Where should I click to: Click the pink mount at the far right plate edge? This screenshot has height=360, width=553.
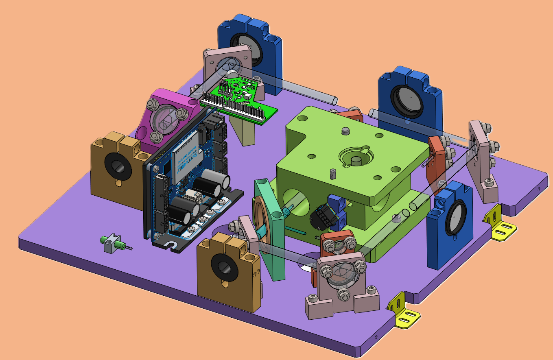[x=482, y=163]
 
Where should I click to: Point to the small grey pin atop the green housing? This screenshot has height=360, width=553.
[x=346, y=131]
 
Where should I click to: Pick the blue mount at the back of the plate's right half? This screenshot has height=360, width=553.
[x=409, y=98]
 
